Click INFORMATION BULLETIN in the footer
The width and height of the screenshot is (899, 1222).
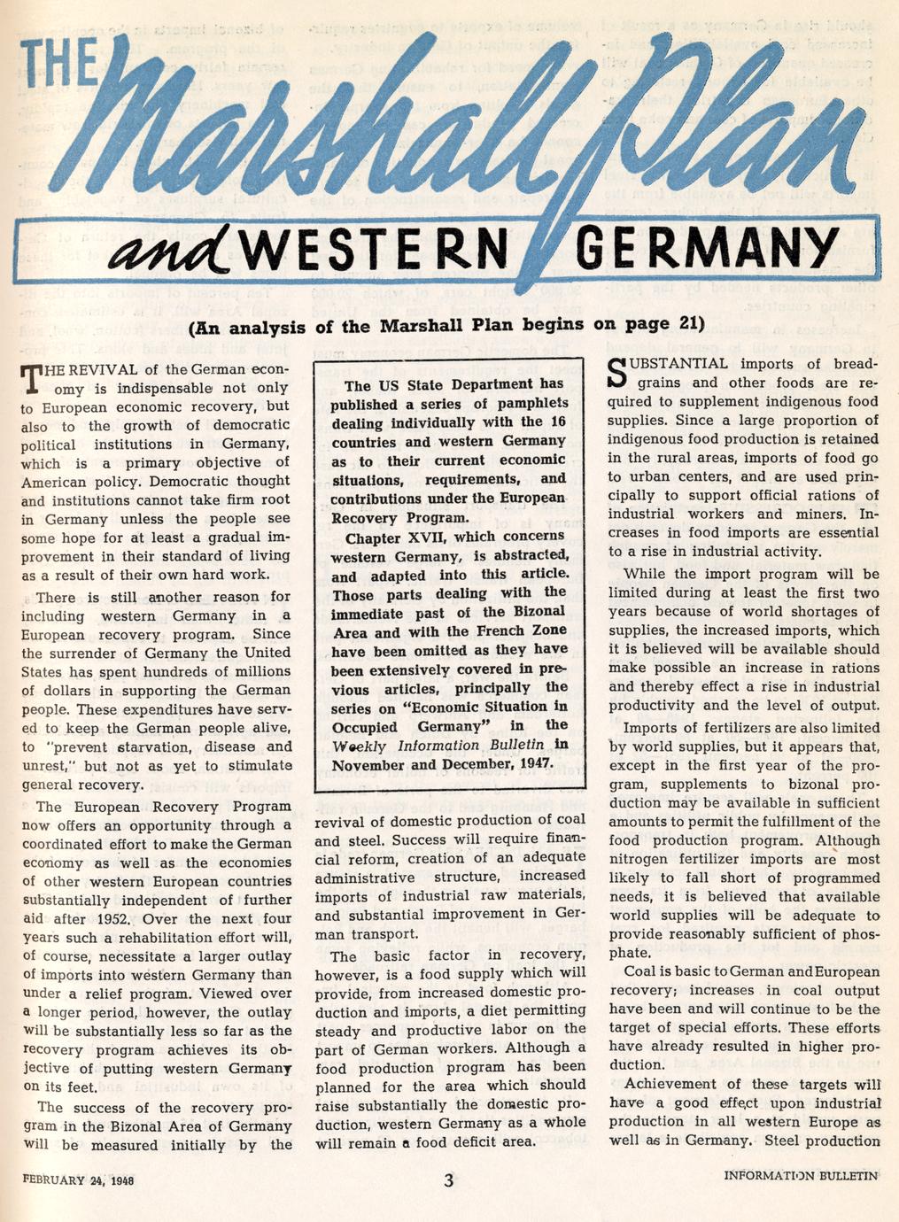pos(800,1177)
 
